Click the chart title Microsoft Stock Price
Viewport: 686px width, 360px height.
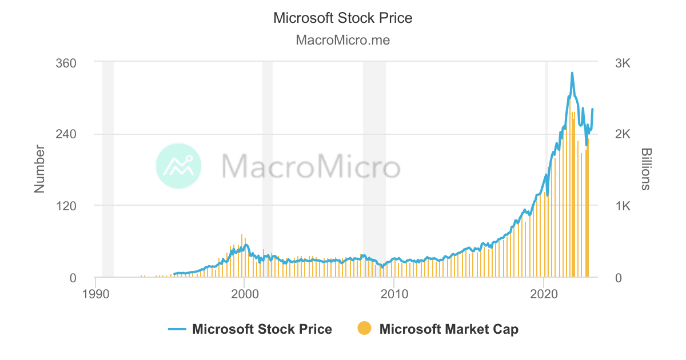[x=342, y=18]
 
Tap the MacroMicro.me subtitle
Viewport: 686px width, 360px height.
[x=342, y=41]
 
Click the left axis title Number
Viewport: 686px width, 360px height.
[x=39, y=169]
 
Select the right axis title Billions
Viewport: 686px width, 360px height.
[x=646, y=169]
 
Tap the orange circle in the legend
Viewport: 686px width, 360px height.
[x=364, y=329]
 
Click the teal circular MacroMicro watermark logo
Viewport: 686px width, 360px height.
[x=178, y=166]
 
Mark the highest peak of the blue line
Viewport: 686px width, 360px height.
[x=572, y=73]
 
